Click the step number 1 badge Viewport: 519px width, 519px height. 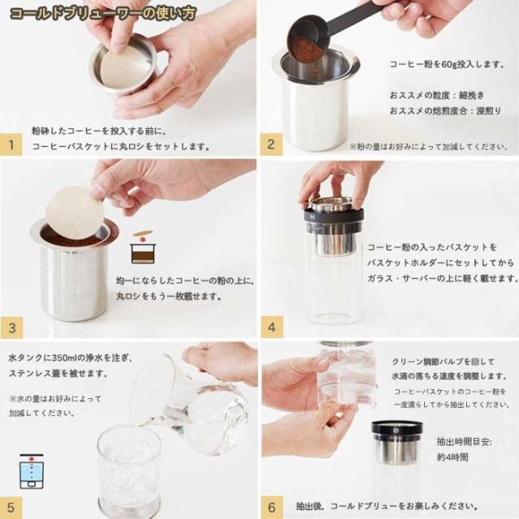point(11,144)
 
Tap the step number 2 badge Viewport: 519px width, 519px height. point(272,144)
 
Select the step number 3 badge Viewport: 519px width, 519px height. point(11,328)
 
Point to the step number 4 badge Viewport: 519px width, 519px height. point(272,327)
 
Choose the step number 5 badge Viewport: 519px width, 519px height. point(11,508)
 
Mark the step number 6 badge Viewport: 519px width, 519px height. point(272,508)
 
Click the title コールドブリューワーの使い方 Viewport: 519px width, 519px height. point(103,14)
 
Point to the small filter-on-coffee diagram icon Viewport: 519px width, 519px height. point(143,247)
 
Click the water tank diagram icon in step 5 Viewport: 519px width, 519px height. point(32,472)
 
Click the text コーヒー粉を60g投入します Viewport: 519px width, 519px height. point(447,64)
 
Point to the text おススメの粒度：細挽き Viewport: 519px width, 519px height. point(437,96)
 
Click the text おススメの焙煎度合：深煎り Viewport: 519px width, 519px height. point(446,110)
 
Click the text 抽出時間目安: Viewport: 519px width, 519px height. point(464,441)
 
